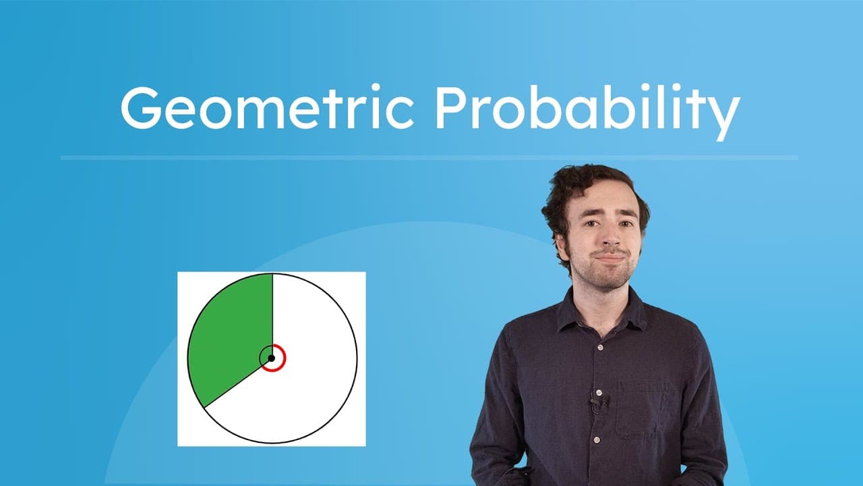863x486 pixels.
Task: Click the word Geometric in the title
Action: [x=266, y=108]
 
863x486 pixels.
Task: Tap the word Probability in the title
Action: [x=587, y=108]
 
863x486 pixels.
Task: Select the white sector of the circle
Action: [x=310, y=378]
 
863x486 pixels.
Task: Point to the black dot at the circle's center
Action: [x=271, y=358]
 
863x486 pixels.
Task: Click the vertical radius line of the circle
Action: [x=272, y=310]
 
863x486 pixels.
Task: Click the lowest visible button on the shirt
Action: [x=597, y=440]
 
